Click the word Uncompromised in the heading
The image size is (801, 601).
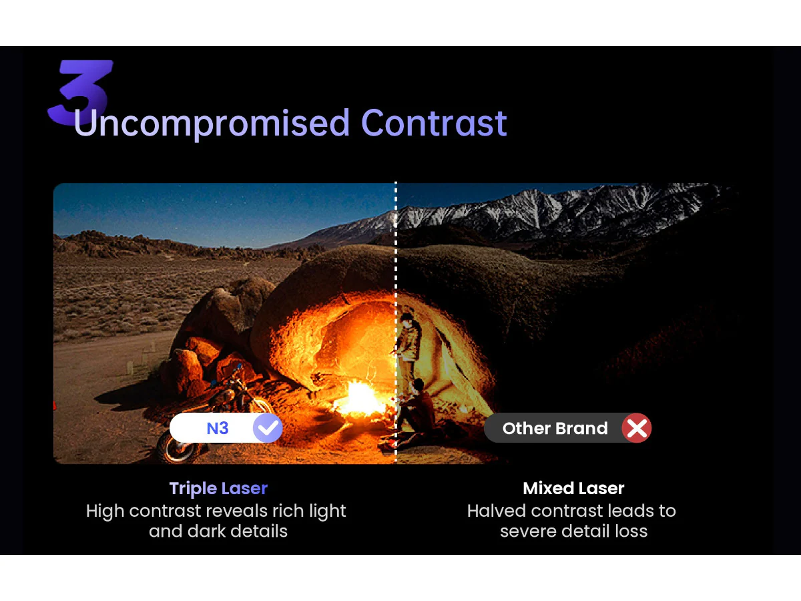pyautogui.click(x=212, y=124)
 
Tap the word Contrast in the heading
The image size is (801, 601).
pyautogui.click(x=434, y=124)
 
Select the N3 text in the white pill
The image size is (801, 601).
pyautogui.click(x=218, y=429)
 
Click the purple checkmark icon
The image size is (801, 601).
pyautogui.click(x=268, y=428)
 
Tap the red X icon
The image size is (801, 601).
pyautogui.click(x=637, y=428)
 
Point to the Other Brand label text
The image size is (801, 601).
pyautogui.click(x=555, y=429)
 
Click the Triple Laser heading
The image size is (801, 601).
pyautogui.click(x=218, y=489)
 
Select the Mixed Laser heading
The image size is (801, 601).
pyautogui.click(x=573, y=489)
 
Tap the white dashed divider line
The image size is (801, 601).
pyautogui.click(x=396, y=323)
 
